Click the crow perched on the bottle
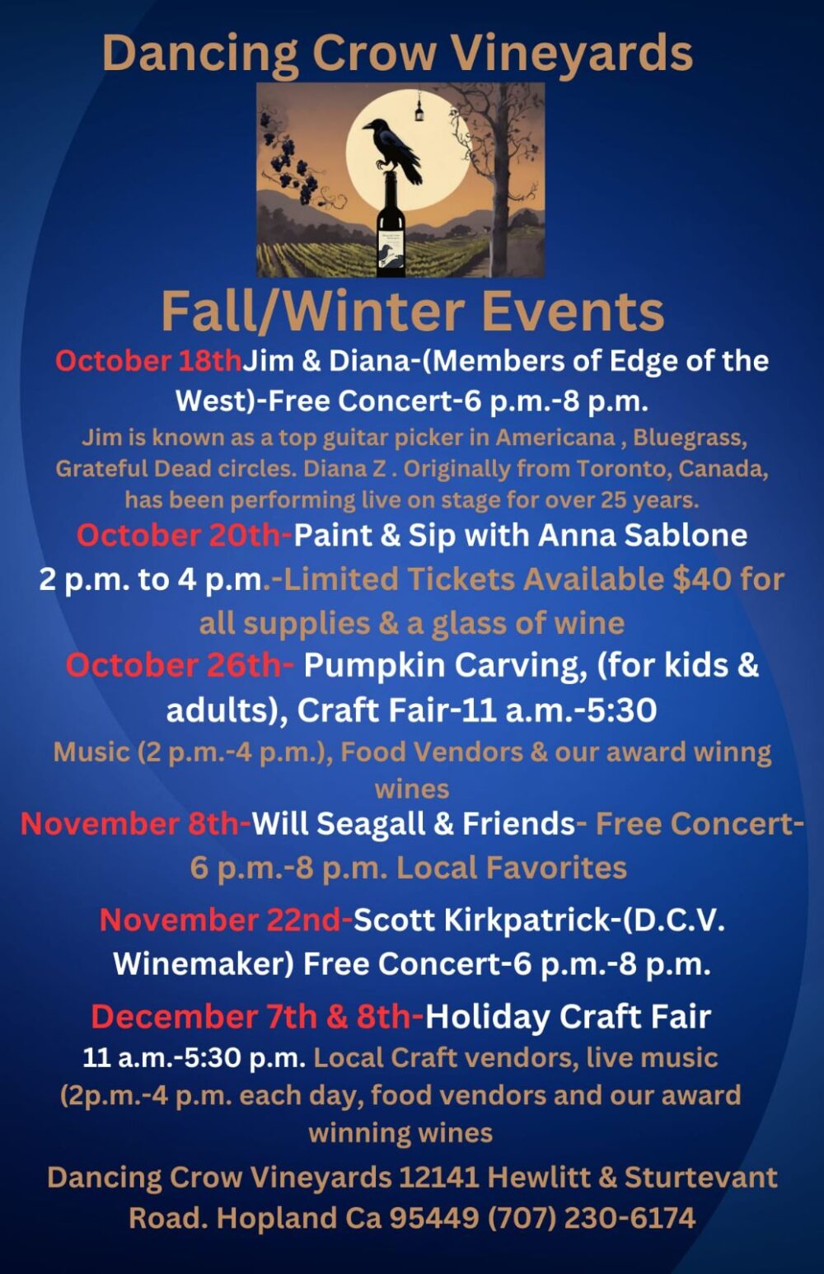tap(391, 148)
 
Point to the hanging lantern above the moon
tap(419, 108)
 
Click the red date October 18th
tap(148, 360)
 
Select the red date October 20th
tap(184, 535)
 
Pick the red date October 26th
tap(179, 665)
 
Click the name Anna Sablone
tap(643, 535)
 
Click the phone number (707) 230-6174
tap(592, 1217)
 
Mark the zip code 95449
tap(433, 1217)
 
